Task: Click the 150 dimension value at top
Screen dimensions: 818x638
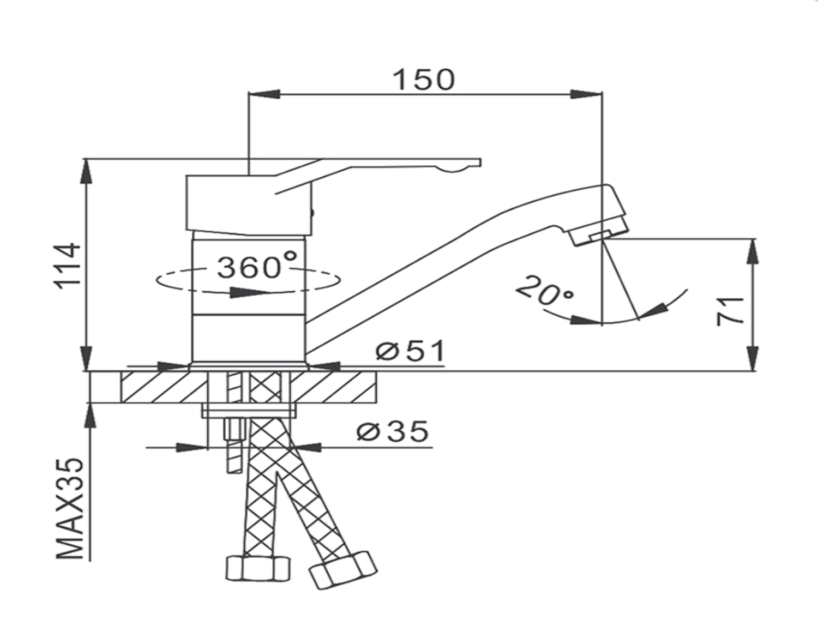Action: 424,80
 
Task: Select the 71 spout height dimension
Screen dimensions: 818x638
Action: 730,311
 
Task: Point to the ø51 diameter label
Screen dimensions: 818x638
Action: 410,351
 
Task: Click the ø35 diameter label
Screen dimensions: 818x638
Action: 393,431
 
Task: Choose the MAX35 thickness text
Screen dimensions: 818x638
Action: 70,509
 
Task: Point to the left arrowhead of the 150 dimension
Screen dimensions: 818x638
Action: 264,94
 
